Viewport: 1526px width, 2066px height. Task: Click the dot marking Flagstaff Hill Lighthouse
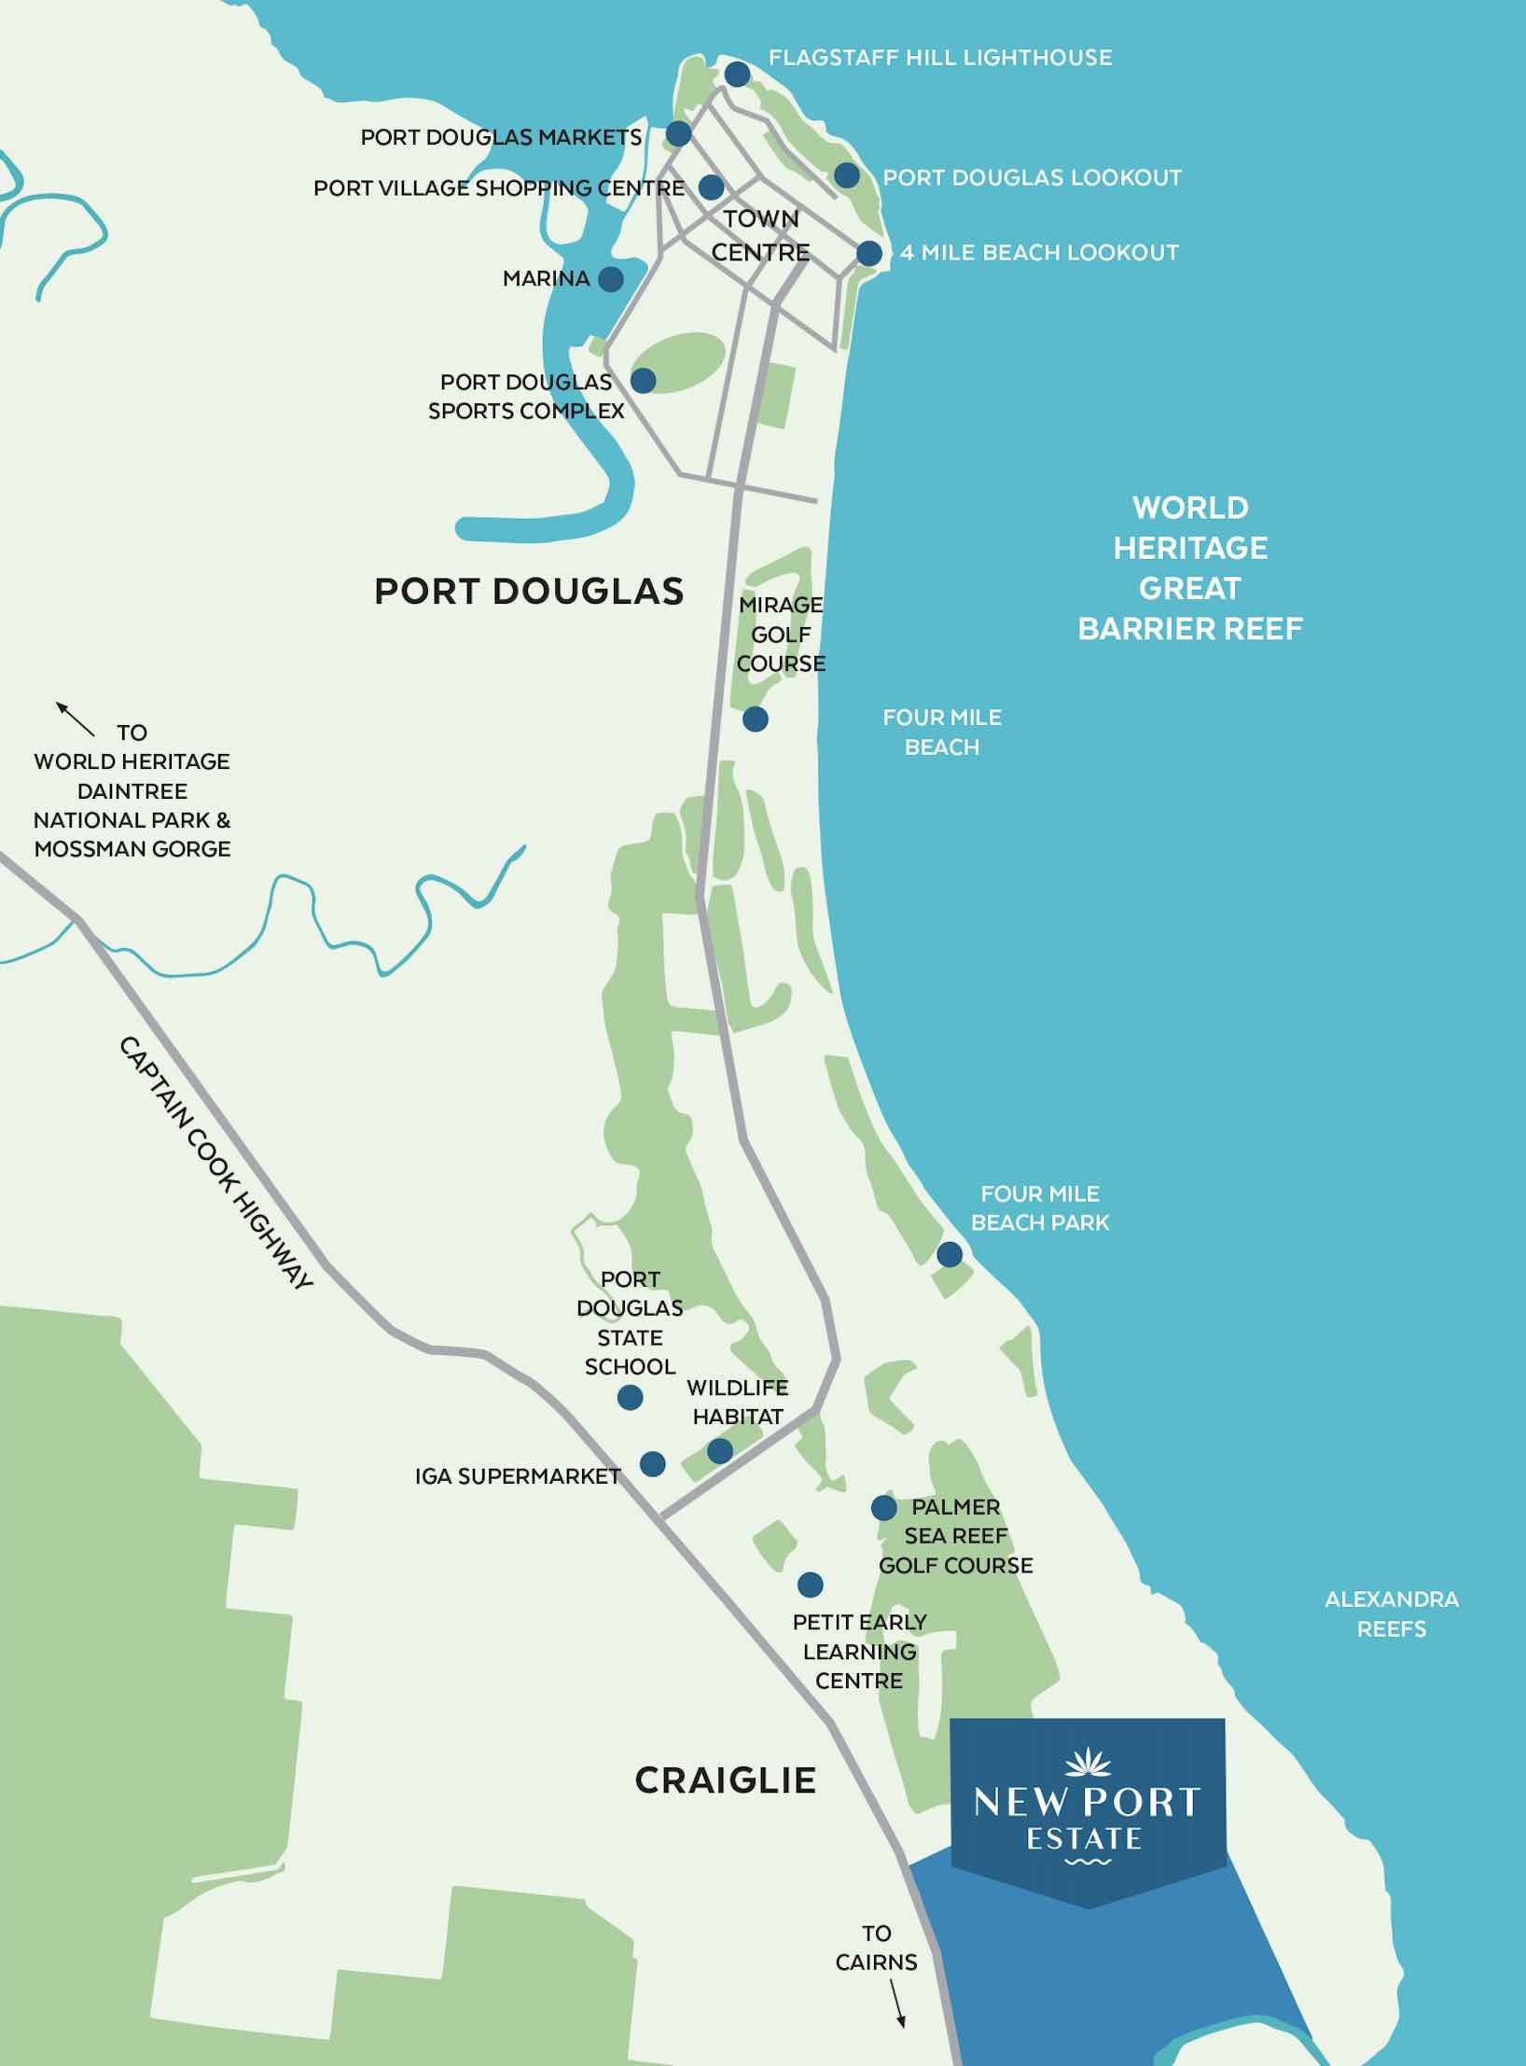[737, 74]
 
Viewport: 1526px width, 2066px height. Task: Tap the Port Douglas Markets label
[501, 137]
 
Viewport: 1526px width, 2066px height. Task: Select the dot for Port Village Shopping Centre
[711, 187]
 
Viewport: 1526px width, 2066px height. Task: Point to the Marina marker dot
[611, 278]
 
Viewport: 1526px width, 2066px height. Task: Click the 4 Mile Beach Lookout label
[1038, 253]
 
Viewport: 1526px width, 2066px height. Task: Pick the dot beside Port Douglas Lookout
[846, 174]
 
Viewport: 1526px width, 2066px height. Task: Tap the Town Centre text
[760, 235]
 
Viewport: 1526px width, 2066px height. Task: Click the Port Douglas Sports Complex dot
[643, 380]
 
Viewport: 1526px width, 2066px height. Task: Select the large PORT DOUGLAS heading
[529, 592]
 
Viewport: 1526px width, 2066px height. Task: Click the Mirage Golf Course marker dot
[755, 719]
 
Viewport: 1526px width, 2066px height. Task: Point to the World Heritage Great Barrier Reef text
[1190, 567]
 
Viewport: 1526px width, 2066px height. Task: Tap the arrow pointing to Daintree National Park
[76, 719]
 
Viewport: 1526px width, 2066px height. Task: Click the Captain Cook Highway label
[215, 1163]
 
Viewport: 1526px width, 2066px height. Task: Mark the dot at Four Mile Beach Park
[949, 1254]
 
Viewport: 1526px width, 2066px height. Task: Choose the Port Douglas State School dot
[630, 1397]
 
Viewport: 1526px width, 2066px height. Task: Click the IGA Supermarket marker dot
[652, 1463]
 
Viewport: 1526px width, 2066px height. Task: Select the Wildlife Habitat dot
[719, 1451]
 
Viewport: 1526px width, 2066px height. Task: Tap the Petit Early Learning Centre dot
[810, 1584]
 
